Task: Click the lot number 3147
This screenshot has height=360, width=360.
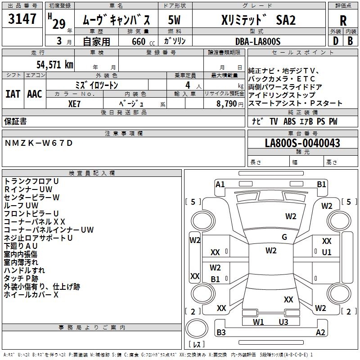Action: click(x=22, y=19)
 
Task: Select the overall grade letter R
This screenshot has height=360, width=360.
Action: click(x=343, y=21)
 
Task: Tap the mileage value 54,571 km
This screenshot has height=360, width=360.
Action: click(x=50, y=64)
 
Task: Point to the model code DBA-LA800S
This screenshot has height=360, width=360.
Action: click(x=258, y=41)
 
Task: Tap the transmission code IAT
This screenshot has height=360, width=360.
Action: click(x=13, y=94)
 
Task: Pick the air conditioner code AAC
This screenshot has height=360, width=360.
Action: click(x=35, y=94)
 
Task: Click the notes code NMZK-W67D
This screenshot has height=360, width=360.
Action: click(x=38, y=143)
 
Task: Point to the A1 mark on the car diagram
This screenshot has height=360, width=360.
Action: click(x=220, y=184)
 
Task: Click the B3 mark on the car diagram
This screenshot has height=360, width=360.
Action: click(x=221, y=333)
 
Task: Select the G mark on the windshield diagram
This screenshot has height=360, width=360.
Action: click(x=284, y=237)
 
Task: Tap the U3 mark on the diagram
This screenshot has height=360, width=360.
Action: click(x=283, y=322)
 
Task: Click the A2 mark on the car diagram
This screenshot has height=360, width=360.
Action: click(x=320, y=333)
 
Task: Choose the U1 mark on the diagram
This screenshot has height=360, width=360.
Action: click(x=327, y=252)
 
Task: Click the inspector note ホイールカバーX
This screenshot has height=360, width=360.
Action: click(x=31, y=295)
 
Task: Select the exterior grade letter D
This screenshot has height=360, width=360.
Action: click(x=335, y=41)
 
